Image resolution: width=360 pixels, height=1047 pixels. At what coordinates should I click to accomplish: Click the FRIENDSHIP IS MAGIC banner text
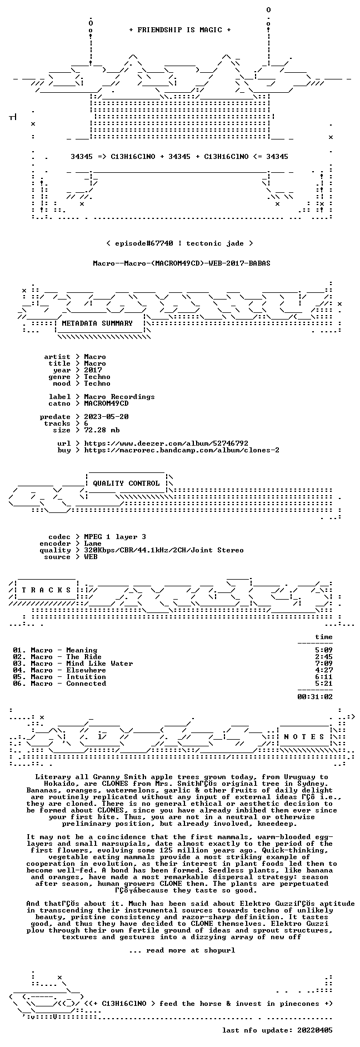click(x=179, y=30)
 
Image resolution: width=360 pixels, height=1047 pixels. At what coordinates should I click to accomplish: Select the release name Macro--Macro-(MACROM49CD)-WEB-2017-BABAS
click(x=182, y=263)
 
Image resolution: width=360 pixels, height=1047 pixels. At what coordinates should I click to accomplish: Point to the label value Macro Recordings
click(x=119, y=397)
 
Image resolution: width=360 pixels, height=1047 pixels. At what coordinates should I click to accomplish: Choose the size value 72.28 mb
click(x=102, y=430)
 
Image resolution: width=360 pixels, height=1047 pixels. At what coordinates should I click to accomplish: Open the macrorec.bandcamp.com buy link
click(x=182, y=450)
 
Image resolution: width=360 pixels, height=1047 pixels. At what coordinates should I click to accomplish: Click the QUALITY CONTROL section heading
click(x=126, y=483)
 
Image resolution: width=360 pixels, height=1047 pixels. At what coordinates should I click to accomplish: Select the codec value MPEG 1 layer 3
click(x=115, y=537)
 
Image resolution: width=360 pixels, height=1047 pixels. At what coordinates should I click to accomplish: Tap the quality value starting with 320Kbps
click(x=164, y=550)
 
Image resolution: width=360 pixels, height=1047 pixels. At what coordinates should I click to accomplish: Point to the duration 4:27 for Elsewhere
click(x=324, y=670)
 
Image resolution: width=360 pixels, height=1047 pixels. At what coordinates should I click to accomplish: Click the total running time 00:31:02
click(x=315, y=697)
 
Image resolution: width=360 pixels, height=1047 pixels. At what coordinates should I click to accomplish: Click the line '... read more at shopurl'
click(x=182, y=950)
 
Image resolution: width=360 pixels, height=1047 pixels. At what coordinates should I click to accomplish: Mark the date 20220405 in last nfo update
click(x=315, y=1030)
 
